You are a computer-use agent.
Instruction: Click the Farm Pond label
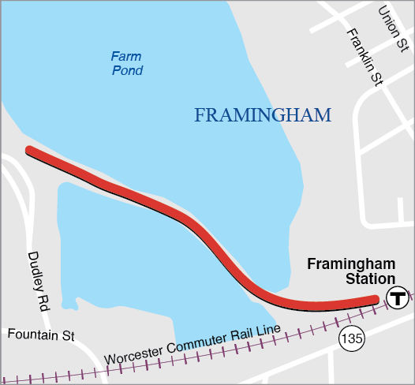click(x=126, y=63)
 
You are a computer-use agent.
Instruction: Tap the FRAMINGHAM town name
click(x=262, y=116)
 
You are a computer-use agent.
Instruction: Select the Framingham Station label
click(x=350, y=271)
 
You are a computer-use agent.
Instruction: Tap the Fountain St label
click(x=41, y=335)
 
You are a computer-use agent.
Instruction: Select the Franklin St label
click(x=365, y=55)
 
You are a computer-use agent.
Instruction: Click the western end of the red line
click(x=30, y=150)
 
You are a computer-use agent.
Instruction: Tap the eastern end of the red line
click(x=375, y=298)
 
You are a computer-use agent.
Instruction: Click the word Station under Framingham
click(x=369, y=279)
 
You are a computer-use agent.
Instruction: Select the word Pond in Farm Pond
click(x=126, y=71)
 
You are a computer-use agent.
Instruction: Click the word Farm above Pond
click(x=126, y=56)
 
